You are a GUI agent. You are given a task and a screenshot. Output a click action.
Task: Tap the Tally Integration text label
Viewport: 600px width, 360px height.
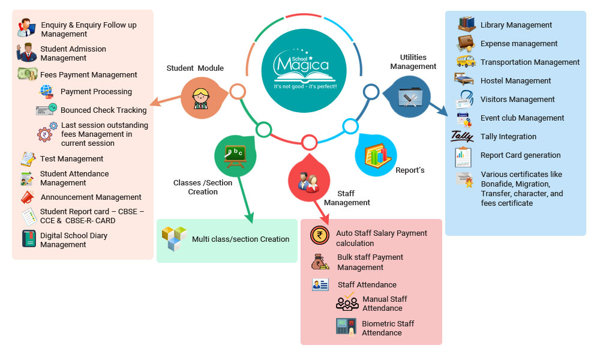click(508, 137)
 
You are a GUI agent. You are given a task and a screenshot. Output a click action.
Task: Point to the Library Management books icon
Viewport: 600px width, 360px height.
click(466, 25)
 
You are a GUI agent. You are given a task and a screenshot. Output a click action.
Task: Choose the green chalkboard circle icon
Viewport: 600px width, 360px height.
click(235, 155)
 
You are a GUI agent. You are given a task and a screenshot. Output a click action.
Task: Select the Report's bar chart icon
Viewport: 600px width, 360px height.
click(376, 155)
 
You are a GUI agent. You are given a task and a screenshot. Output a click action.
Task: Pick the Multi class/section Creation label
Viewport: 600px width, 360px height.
click(241, 239)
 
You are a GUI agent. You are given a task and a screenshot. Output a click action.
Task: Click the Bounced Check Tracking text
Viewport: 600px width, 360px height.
click(104, 110)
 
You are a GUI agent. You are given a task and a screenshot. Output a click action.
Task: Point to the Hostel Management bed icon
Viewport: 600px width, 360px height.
click(465, 80)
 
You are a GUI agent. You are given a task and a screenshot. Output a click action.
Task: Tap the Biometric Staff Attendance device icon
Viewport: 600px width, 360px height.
click(346, 328)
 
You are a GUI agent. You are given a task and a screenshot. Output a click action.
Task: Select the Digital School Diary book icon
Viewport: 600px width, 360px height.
click(29, 239)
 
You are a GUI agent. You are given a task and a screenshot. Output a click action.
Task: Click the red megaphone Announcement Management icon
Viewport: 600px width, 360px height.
click(28, 197)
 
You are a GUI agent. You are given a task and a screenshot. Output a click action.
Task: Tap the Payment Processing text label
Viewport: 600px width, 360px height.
click(96, 92)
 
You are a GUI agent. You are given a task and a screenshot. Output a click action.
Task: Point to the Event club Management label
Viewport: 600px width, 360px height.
click(522, 118)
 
